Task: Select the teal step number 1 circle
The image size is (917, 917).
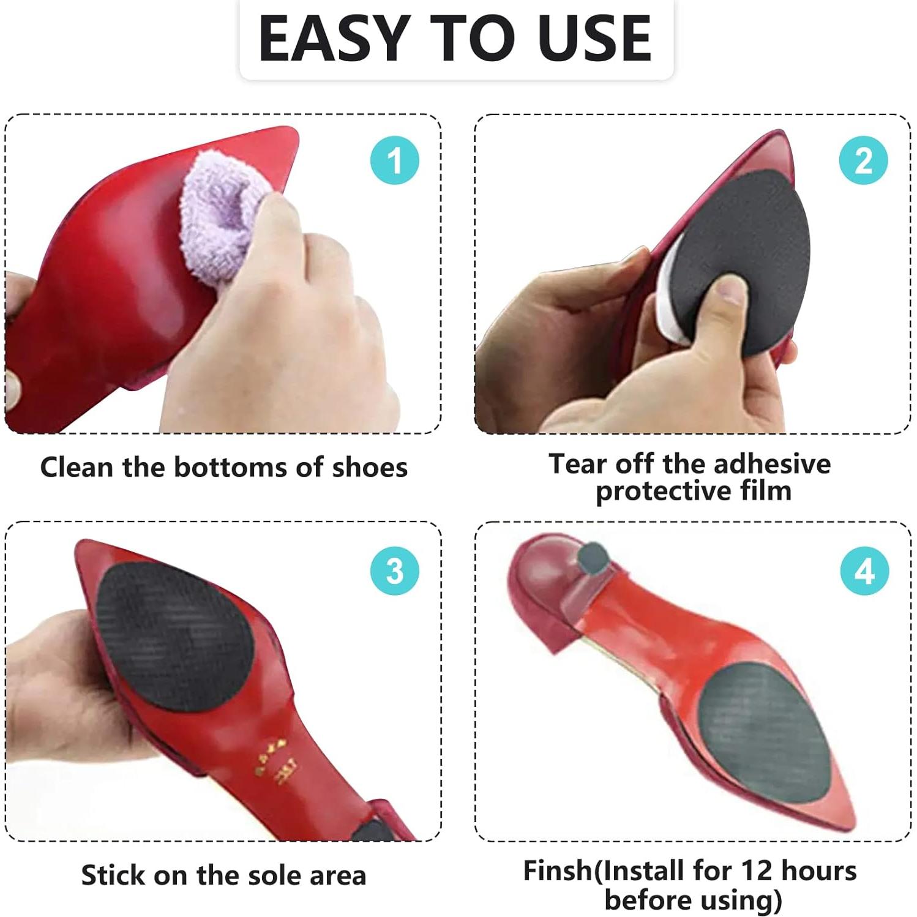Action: (395, 160)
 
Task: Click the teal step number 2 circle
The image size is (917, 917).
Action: (863, 160)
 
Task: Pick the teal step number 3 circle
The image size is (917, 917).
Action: (395, 571)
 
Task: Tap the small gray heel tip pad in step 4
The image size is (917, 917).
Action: (592, 558)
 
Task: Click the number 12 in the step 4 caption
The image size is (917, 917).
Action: (758, 870)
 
